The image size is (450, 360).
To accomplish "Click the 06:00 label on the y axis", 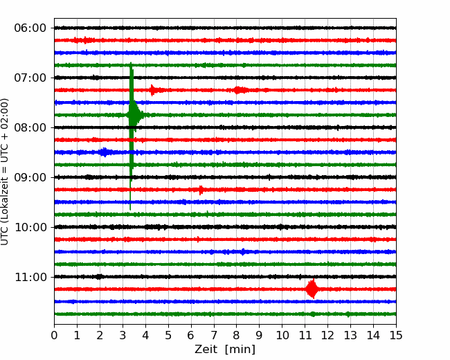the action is point(30,28).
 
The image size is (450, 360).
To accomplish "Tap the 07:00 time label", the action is point(30,78).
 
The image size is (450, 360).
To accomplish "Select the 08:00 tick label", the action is point(30,127).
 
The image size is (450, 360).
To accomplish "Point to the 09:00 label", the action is point(30,177).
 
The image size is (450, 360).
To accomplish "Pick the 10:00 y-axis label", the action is point(30,227).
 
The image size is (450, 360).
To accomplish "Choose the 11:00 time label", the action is point(30,277).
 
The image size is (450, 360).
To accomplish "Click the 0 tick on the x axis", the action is point(54,335).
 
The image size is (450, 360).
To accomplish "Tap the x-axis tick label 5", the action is point(168,335).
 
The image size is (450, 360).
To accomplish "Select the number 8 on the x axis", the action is point(237,335).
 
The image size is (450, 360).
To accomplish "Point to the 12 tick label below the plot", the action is point(327,335).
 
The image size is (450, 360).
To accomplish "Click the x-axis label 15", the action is point(396,335).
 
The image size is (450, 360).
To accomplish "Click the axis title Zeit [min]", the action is point(225,349).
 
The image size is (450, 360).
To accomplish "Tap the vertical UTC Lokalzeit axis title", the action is point(5,172).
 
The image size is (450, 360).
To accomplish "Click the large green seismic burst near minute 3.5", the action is point(133,115).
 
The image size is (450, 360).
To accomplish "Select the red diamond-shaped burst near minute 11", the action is point(312,289).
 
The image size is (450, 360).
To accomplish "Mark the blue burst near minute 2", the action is point(104,152).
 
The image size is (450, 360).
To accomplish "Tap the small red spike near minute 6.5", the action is point(201,190).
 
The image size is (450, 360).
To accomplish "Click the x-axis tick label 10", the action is point(282,335).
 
